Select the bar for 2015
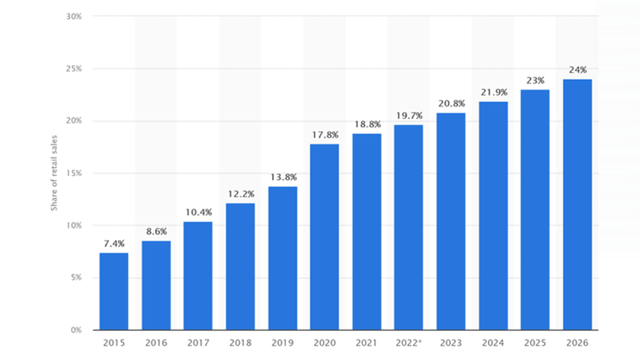pos(114,291)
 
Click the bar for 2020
pos(324,237)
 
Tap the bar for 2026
pos(577,205)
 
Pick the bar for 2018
pos(240,266)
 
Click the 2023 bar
pos(451,221)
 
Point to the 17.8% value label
pos(324,134)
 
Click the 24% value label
pos(577,70)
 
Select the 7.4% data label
pos(114,243)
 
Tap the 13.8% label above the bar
pos(282,177)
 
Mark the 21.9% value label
pos(493,92)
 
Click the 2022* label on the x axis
pos(408,343)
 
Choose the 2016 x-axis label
pos(156,343)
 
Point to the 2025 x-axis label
pos(535,343)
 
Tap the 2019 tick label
pos(282,343)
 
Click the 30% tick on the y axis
pos(74,17)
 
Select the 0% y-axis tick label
pos(76,330)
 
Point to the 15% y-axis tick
pos(74,173)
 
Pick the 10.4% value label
pos(198,213)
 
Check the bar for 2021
pos(367,231)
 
